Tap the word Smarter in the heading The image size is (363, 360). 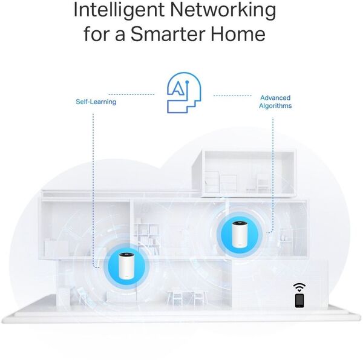tap(168, 34)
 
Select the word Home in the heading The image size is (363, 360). tap(238, 34)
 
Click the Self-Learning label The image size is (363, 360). tap(96, 102)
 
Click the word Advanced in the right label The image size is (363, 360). tap(275, 97)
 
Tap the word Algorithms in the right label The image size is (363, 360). tap(275, 106)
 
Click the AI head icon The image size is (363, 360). tap(184, 93)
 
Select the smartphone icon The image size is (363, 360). tap(299, 301)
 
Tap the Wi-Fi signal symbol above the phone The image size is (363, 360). tap(299, 287)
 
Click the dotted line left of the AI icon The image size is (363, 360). tap(131, 94)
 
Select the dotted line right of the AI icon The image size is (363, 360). tap(232, 96)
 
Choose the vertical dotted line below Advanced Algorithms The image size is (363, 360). tap(273, 175)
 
